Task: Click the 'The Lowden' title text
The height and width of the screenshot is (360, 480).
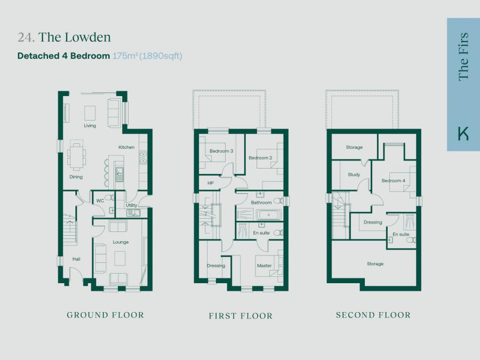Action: coord(74,37)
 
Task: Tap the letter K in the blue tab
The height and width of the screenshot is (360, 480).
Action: coord(463,133)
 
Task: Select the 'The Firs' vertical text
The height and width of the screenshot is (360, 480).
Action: coord(463,57)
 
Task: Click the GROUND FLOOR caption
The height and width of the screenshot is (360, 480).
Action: coord(105,315)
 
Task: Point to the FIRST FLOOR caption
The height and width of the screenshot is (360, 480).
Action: coord(241,316)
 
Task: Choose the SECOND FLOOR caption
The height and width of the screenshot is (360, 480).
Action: coord(373,315)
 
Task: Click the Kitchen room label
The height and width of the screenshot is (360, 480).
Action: coord(126,147)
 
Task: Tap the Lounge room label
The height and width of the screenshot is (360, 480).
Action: coord(121,242)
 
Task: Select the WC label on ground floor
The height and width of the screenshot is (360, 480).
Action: coord(100,201)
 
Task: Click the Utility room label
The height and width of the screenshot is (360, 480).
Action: coord(131,205)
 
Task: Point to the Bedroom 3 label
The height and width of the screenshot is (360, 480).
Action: coord(221,151)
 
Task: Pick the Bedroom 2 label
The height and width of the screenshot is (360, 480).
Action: coord(260,158)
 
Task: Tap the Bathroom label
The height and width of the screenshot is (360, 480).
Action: coord(261,203)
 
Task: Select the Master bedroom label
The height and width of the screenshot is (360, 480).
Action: coord(264,266)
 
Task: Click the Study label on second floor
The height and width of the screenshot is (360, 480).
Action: coord(354,174)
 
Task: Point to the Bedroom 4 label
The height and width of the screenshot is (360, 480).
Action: coord(393,181)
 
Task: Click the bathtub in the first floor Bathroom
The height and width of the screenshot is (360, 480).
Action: coord(269,215)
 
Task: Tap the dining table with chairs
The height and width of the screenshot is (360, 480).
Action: coord(76,156)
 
